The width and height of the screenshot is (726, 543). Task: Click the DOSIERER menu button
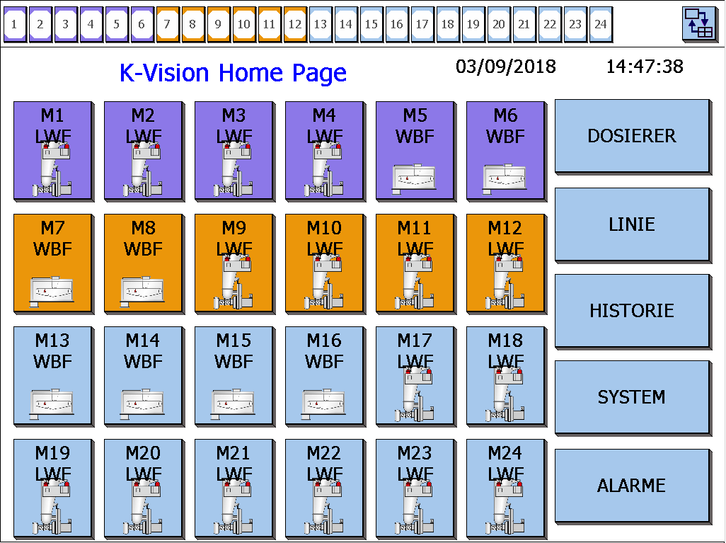[632, 136]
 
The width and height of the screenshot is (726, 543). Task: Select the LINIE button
[632, 224]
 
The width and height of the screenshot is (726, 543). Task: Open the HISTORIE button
[632, 311]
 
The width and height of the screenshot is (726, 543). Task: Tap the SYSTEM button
[632, 397]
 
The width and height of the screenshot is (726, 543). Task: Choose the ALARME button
[632, 486]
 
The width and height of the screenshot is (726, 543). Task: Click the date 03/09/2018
[506, 67]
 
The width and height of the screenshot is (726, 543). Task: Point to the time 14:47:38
[645, 67]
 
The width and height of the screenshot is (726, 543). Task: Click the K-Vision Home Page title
[233, 73]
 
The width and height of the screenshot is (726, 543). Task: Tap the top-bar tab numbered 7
[168, 24]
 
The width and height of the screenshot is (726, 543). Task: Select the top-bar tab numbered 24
[601, 24]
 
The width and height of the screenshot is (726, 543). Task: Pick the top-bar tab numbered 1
[15, 24]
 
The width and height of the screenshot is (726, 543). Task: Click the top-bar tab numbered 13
[321, 24]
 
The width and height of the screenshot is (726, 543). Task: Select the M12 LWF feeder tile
[505, 263]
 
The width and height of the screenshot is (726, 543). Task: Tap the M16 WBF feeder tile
[324, 375]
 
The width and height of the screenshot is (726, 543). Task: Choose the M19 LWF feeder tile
[52, 488]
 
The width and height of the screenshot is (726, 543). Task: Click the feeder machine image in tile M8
[143, 289]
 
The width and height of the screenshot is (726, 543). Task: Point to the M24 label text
[505, 452]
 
